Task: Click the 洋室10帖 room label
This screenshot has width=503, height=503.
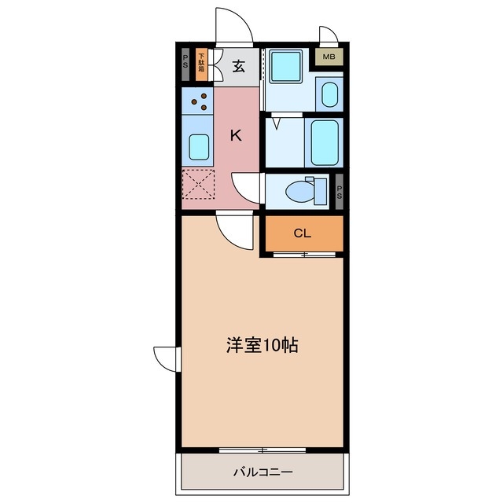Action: [262, 344]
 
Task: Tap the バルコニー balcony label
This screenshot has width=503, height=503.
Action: [263, 472]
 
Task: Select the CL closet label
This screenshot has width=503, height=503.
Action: [303, 233]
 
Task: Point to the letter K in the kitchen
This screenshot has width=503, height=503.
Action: [235, 135]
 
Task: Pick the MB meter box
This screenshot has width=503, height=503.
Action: [329, 57]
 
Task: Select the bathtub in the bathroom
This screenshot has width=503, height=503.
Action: [324, 141]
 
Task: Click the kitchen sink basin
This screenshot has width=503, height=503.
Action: [199, 147]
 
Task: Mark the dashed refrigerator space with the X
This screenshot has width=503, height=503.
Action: [197, 187]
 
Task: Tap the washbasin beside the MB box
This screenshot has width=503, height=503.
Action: [329, 94]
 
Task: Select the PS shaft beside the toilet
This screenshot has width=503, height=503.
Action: [340, 191]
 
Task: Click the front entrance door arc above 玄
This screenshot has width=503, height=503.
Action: [235, 26]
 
